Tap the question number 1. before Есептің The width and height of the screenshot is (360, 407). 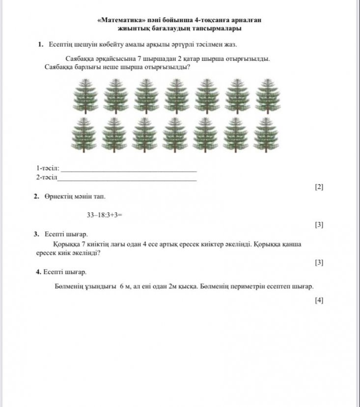41,45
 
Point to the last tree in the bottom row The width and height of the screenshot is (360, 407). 265,134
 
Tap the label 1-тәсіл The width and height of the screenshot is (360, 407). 48,168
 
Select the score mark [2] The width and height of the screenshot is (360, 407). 319,187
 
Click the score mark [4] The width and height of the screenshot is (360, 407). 319,300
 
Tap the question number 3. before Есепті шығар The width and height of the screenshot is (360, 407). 37,234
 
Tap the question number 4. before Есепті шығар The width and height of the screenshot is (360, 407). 38,271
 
